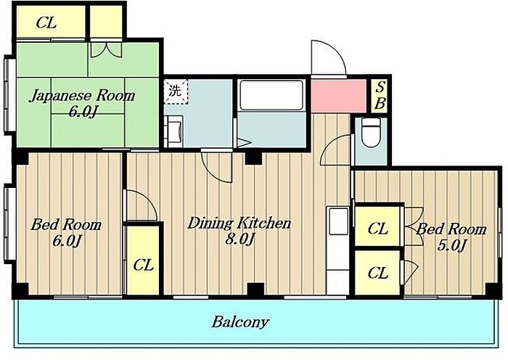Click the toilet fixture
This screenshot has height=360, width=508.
pyautogui.click(x=371, y=132)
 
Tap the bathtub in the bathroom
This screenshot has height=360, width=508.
pyautogui.click(x=271, y=95)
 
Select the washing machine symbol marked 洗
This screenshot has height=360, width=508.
pyautogui.click(x=176, y=91)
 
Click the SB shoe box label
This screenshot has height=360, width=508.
pyautogui.click(x=380, y=96)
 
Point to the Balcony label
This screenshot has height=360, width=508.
pyautogui.click(x=240, y=322)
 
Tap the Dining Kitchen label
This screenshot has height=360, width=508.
pyautogui.click(x=239, y=224)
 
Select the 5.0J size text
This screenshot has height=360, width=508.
pyautogui.click(x=451, y=245)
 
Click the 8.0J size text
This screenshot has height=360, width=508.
pyautogui.click(x=239, y=240)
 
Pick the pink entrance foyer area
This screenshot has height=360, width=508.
pyautogui.click(x=339, y=96)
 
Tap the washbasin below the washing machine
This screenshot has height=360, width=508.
pyautogui.click(x=173, y=131)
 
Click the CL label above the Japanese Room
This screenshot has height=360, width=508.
pyautogui.click(x=46, y=23)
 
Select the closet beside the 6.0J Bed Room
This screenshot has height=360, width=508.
pyautogui.click(x=143, y=260)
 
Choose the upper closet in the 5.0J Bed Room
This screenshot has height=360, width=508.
pyautogui.click(x=377, y=226)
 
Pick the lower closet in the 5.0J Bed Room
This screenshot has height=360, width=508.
pyautogui.click(x=377, y=272)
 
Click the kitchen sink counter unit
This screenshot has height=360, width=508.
pyautogui.click(x=338, y=250)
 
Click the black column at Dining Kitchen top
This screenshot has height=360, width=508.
pyautogui.click(x=253, y=157)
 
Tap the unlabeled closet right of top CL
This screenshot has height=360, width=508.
pyautogui.click(x=106, y=21)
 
